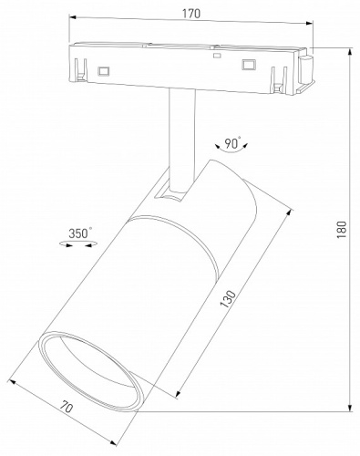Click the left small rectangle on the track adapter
104,68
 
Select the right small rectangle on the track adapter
245,64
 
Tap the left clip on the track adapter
81,69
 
